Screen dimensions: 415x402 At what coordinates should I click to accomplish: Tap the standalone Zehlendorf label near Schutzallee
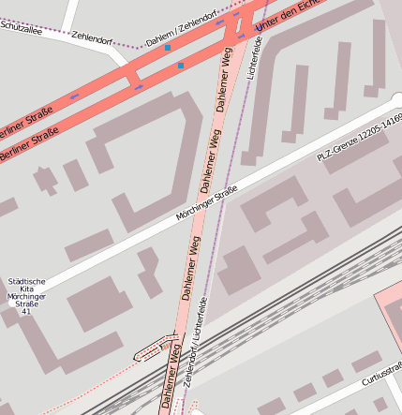[92, 37]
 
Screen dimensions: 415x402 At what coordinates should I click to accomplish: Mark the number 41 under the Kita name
[25, 312]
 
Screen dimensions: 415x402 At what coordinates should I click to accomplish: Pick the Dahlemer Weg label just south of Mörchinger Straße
[190, 266]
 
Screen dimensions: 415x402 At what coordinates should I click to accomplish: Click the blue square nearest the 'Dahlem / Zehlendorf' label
[168, 47]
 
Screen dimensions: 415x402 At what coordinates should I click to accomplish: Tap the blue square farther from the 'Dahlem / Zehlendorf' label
[181, 66]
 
